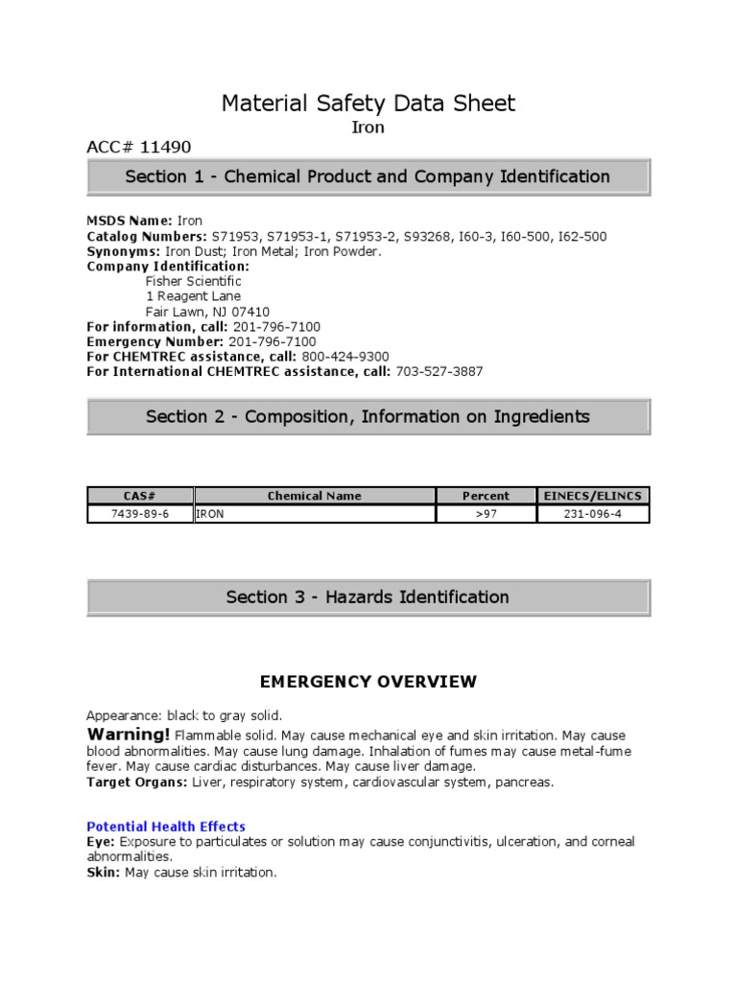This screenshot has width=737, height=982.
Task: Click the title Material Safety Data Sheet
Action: point(368,103)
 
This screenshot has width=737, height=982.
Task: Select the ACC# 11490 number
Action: point(139,147)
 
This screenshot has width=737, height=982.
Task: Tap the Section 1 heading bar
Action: point(368,177)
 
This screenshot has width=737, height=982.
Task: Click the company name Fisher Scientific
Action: point(193,282)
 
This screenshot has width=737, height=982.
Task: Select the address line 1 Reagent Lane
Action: point(193,296)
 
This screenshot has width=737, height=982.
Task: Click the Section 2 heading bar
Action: point(368,417)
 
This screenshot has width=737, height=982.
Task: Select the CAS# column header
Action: point(140,496)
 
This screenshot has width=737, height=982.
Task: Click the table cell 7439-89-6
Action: point(140,514)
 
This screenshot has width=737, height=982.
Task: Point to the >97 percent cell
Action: point(486,514)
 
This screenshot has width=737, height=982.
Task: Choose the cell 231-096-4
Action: point(593,514)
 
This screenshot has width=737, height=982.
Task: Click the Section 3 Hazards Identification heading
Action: point(368,597)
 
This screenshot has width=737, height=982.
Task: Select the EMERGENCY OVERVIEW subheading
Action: point(368,682)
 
